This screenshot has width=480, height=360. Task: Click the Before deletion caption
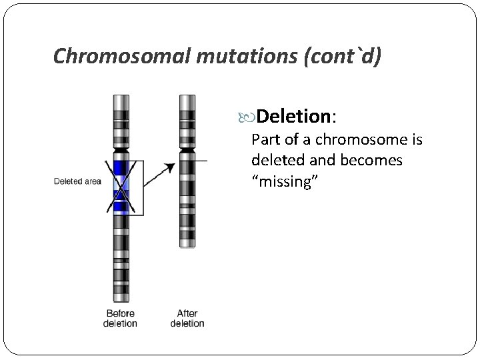tap(120, 319)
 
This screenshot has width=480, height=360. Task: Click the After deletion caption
tap(187, 319)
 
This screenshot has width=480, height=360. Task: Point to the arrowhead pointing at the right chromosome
tap(171, 167)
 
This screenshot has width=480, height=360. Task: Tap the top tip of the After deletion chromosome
tap(187, 95)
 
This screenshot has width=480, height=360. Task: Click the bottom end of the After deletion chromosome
tap(187, 245)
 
